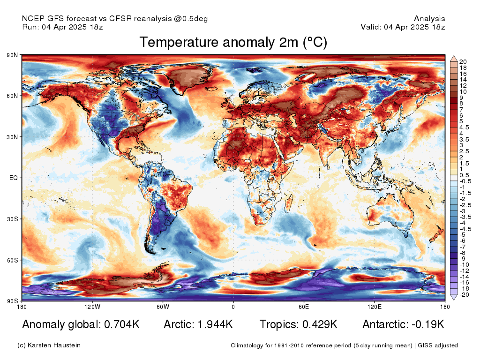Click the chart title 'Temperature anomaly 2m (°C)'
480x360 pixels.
coord(233,42)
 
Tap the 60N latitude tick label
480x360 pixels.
coord(13,96)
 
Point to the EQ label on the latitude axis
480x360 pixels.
coord(14,178)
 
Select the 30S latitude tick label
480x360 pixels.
coord(13,219)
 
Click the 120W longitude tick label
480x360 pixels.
coord(92,307)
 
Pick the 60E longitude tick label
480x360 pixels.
coord(304,307)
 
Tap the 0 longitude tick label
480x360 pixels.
coord(233,307)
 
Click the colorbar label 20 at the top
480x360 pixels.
coord(463,62)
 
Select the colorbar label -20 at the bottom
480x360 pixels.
coord(464,295)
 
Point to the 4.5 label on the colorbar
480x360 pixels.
coord(464,127)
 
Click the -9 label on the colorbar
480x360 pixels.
coord(462,259)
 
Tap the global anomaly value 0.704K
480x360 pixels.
coord(122,324)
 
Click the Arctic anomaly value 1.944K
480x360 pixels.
coord(215,324)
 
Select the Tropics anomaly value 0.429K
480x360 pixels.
coord(320,324)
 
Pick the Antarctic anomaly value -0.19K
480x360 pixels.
coord(428,324)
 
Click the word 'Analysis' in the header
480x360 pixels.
coord(429,19)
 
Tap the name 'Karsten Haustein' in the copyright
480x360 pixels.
coord(54,345)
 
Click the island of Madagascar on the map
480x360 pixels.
coord(289,202)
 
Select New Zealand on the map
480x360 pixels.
coord(435,234)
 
